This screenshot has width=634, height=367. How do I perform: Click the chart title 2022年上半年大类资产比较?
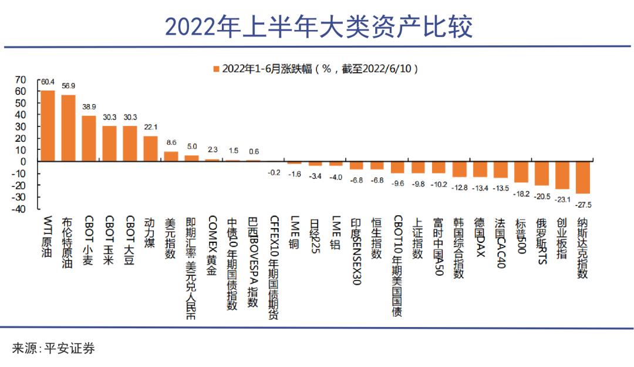318,27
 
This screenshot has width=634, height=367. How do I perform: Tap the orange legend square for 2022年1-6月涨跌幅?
217,69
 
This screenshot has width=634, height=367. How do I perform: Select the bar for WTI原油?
48,126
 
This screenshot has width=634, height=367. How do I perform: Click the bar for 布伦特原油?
68,128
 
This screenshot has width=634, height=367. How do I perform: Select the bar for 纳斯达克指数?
583,177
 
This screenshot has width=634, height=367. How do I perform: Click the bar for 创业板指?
562,175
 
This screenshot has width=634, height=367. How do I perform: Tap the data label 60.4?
48,82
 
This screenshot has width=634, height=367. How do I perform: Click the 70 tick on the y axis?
21,79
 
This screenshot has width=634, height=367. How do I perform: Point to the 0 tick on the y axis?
23,161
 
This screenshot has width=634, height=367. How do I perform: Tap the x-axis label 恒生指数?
376,239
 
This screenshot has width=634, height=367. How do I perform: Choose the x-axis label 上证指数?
417,239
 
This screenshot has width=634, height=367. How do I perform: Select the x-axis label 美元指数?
171,239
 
